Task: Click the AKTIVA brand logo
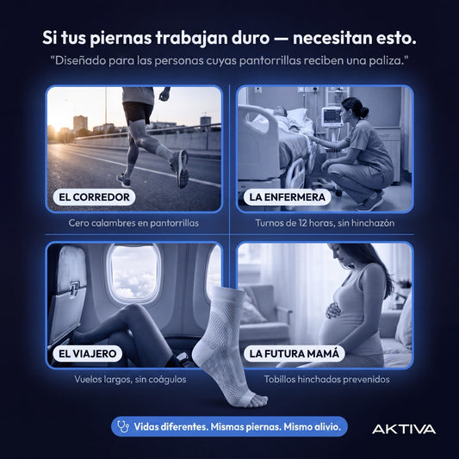coord(404,429)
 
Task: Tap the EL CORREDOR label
coord(94,197)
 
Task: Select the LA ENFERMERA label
coord(287,197)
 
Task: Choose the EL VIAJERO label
coord(88,354)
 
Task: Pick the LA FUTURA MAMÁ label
coord(295,354)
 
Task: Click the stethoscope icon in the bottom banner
coord(123,426)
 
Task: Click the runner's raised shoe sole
coord(183,169)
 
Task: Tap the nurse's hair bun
coord(364,112)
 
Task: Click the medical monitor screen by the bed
coord(332,116)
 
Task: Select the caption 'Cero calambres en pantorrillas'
coord(133,223)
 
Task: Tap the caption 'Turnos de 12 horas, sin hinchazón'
coord(325,223)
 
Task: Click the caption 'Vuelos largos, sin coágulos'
coord(130,380)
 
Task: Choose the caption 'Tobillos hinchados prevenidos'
coord(326,380)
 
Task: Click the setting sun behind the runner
coord(56,129)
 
